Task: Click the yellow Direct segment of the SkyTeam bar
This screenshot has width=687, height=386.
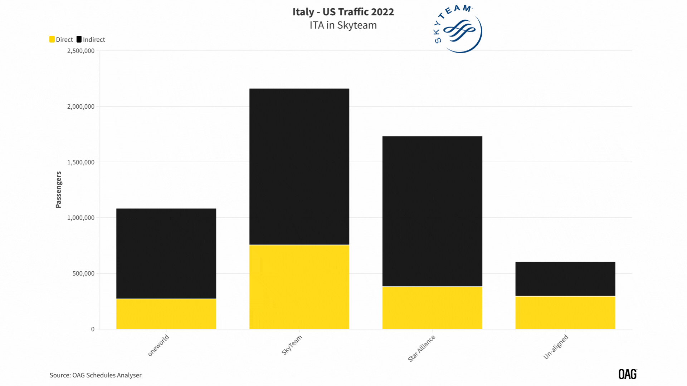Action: (299, 287)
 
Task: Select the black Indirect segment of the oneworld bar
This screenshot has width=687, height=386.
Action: (166, 253)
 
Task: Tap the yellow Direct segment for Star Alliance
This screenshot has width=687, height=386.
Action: (432, 308)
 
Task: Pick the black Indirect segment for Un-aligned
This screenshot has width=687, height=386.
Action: (565, 279)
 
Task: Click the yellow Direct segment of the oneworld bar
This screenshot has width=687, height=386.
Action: (166, 314)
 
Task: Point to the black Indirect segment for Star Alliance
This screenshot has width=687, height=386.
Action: (432, 211)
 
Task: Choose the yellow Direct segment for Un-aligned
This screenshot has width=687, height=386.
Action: (565, 312)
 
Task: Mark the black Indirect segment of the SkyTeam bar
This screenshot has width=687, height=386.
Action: (299, 167)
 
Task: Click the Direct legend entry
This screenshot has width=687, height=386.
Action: (61, 40)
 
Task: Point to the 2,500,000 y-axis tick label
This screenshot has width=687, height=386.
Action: (81, 51)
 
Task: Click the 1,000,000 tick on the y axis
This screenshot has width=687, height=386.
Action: (81, 218)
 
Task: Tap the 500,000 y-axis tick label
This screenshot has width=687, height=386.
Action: (83, 273)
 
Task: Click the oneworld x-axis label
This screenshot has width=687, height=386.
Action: (159, 345)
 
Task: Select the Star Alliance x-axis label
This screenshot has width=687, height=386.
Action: (422, 348)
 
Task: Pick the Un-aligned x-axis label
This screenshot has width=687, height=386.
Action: (556, 346)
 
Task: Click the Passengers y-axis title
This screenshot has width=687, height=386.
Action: (59, 189)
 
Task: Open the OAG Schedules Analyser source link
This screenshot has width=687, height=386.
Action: (107, 375)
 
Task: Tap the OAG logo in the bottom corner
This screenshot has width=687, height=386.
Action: (628, 374)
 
